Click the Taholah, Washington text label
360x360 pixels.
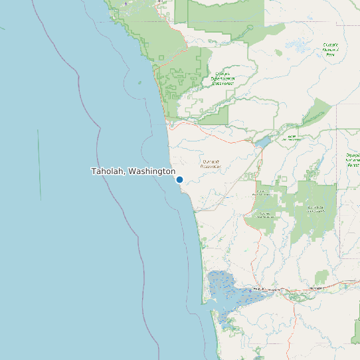click(x=133, y=171)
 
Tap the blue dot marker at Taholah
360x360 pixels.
click(x=179, y=179)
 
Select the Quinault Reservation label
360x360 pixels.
click(x=211, y=163)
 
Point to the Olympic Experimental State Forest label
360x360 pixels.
click(x=223, y=79)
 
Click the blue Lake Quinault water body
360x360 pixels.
click(x=262, y=142)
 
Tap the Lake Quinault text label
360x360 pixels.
click(x=291, y=137)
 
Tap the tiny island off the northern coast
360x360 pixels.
click(x=139, y=82)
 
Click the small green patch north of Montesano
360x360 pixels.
click(x=322, y=276)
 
